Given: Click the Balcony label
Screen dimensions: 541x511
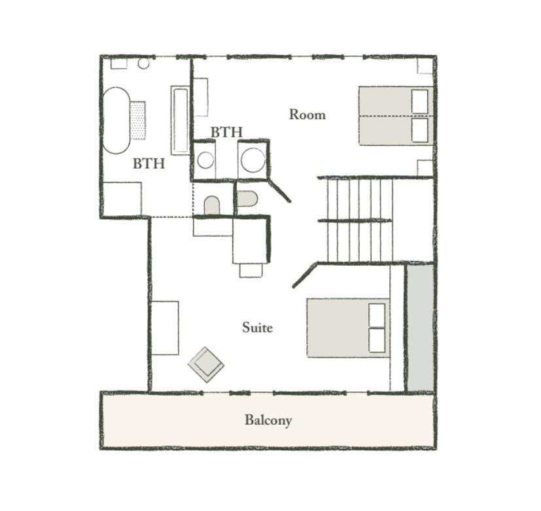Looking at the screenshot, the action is pyautogui.click(x=268, y=420).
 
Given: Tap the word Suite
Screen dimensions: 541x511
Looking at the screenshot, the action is pyautogui.click(x=257, y=327).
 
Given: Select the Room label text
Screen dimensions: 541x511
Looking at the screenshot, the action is pyautogui.click(x=307, y=115).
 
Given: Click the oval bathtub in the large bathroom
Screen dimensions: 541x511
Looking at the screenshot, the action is pyautogui.click(x=116, y=120).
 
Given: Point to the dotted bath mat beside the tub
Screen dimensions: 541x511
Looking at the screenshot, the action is pyautogui.click(x=138, y=120).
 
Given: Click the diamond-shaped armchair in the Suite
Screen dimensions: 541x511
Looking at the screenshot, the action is pyautogui.click(x=206, y=364).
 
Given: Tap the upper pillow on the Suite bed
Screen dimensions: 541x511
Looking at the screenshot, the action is pyautogui.click(x=377, y=315).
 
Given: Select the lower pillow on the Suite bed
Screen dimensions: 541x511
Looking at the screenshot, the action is pyautogui.click(x=377, y=340).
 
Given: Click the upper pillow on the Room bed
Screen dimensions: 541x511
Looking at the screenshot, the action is pyautogui.click(x=420, y=101).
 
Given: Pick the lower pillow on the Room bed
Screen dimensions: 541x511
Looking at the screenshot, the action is pyautogui.click(x=420, y=130).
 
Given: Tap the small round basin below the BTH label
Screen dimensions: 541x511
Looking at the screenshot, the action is pyautogui.click(x=205, y=160).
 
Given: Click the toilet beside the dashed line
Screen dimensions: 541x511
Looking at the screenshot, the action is pyautogui.click(x=212, y=205).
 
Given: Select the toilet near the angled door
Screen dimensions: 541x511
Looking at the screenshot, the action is pyautogui.click(x=247, y=199).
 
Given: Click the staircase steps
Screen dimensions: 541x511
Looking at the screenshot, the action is pyautogui.click(x=360, y=220).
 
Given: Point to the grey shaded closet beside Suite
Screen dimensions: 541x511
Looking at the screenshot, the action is pyautogui.click(x=420, y=328).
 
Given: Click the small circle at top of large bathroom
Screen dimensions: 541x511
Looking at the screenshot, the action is pyautogui.click(x=143, y=63).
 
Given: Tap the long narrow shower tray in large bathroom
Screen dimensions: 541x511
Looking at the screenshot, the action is pyautogui.click(x=180, y=120).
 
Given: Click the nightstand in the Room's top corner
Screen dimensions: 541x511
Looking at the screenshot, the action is pyautogui.click(x=425, y=66).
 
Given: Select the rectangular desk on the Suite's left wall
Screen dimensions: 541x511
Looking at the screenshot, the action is pyautogui.click(x=165, y=328).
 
